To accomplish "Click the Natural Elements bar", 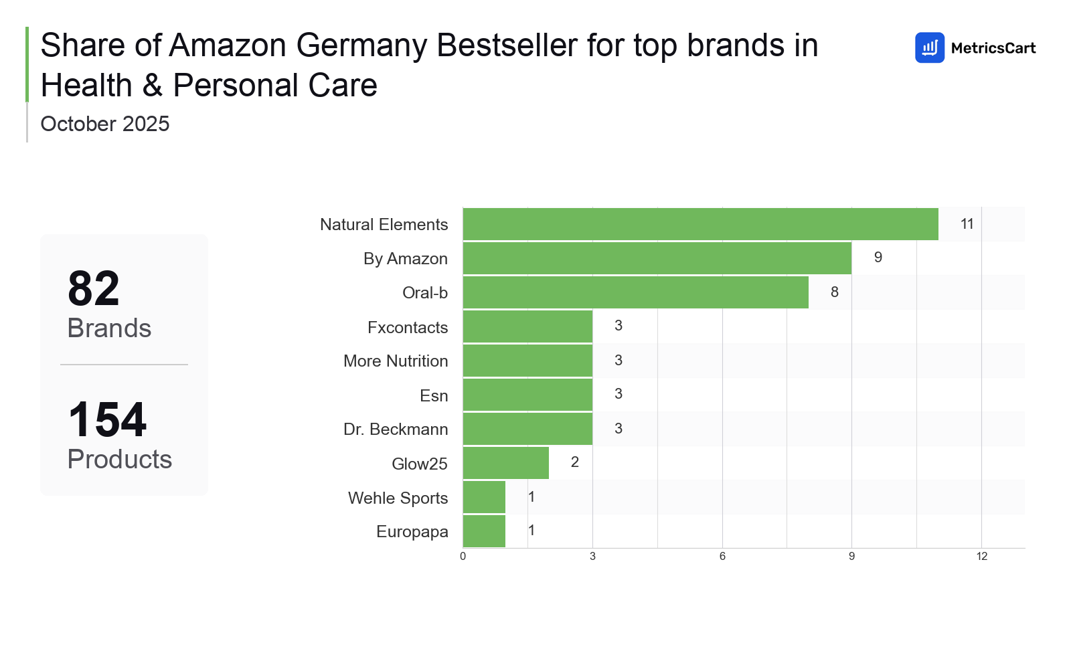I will coord(700,224).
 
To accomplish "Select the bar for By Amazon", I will coord(657,258).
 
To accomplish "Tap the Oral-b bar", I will coord(635,292).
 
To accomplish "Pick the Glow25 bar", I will coord(505,463).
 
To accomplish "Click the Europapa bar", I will coord(484,531).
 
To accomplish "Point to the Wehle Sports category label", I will coord(398,498).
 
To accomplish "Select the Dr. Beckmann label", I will coord(395,429).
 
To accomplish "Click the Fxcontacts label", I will coord(407,327).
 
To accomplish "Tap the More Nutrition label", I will coord(395,361).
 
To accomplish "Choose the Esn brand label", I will coord(433,395).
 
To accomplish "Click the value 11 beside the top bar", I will coord(967,224).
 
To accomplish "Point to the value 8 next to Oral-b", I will coord(834,292).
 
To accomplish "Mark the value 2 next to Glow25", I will coord(574,462).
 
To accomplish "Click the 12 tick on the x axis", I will coord(981,557).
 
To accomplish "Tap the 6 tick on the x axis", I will coord(722,557).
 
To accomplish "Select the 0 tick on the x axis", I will coord(463,557).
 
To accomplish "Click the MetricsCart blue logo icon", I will coord(929,47).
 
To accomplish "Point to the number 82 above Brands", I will coord(94,289).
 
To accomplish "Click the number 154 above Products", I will coord(107,420).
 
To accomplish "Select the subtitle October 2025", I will coord(105,124).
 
